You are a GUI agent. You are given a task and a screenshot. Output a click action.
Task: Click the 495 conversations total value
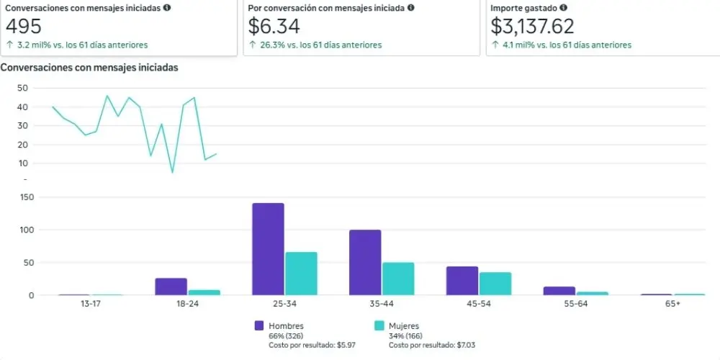click(24, 26)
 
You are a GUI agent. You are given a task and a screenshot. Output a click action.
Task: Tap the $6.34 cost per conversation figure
click(274, 26)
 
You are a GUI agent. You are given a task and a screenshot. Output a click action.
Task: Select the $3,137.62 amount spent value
click(532, 26)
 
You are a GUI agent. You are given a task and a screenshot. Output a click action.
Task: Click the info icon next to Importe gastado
click(563, 8)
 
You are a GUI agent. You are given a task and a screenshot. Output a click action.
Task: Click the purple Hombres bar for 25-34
click(268, 249)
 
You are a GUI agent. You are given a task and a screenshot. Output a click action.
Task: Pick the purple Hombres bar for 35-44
click(365, 263)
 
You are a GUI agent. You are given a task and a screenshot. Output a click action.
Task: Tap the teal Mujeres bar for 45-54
click(495, 284)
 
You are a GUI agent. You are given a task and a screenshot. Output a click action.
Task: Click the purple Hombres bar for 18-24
click(171, 287)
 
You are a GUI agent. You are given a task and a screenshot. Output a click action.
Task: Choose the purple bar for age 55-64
click(559, 291)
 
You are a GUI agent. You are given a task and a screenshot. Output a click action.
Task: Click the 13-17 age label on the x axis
click(90, 305)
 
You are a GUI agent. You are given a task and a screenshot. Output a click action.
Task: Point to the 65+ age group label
click(672, 305)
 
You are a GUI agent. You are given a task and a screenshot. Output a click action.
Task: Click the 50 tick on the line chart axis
click(22, 88)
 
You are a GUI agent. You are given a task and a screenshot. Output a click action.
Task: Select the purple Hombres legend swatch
click(259, 326)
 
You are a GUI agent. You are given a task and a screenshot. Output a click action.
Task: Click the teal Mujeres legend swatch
click(379, 326)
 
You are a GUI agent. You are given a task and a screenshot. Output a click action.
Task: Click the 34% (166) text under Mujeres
click(405, 336)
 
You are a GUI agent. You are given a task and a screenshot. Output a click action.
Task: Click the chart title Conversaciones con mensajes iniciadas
click(89, 68)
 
